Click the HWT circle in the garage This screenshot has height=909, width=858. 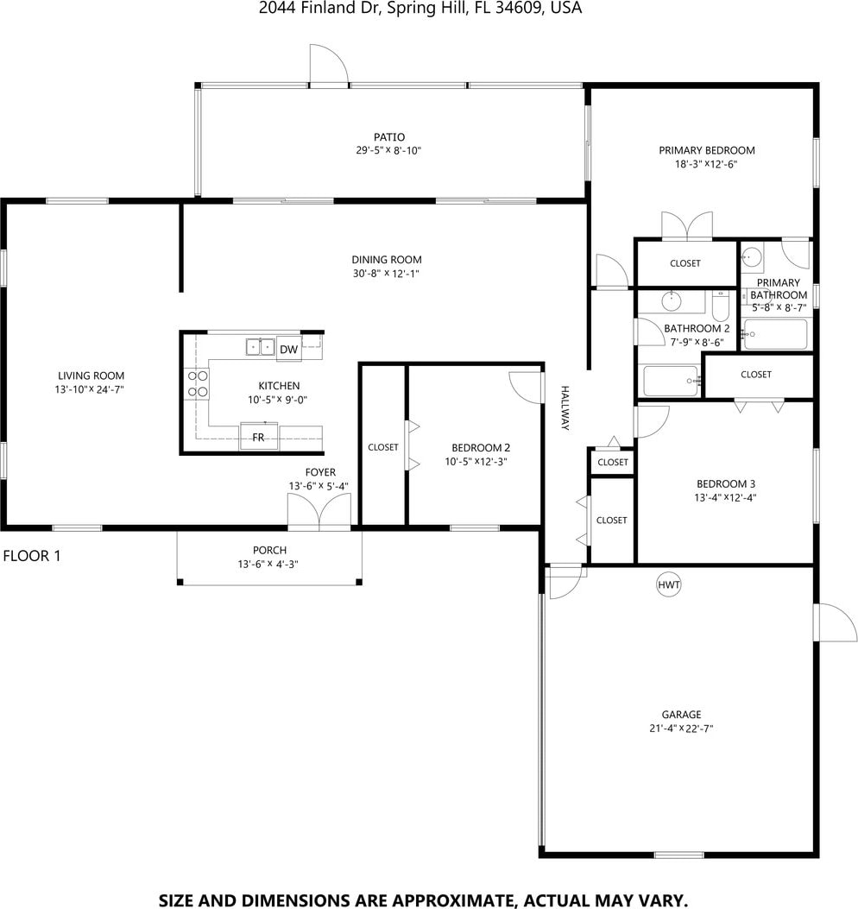click(x=668, y=584)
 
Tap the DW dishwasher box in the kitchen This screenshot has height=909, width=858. click(x=288, y=349)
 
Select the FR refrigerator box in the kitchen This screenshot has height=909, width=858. click(x=259, y=437)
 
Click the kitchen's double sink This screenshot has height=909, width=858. click(x=261, y=347)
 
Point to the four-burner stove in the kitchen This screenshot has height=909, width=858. click(x=197, y=384)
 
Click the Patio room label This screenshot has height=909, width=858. click(x=389, y=137)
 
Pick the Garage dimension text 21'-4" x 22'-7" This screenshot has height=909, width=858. click(x=681, y=729)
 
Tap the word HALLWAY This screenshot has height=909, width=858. click(x=565, y=408)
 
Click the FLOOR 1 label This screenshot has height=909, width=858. click(x=32, y=556)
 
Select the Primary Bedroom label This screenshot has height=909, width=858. click(x=707, y=151)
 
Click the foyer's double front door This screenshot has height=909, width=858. click(x=319, y=512)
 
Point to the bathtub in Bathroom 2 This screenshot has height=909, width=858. click(x=671, y=381)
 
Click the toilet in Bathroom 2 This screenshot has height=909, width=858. click(x=721, y=306)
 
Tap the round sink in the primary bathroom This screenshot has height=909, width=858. click(x=753, y=256)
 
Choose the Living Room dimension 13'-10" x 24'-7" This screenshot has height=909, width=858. click(x=90, y=389)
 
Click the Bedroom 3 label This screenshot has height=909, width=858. click(x=726, y=483)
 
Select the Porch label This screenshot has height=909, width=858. click(x=269, y=550)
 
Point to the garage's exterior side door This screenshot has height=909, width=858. click(x=836, y=622)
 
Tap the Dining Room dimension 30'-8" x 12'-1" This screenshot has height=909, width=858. click(x=386, y=274)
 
